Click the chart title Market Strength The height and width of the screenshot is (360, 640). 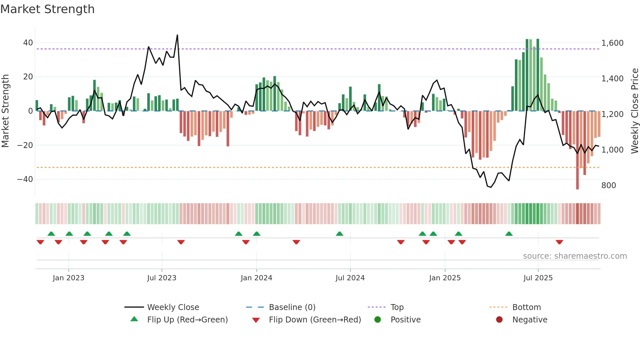pyautogui.click(x=47, y=9)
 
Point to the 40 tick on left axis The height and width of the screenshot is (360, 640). pyautogui.click(x=28, y=43)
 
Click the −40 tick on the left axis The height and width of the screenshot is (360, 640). pyautogui.click(x=25, y=179)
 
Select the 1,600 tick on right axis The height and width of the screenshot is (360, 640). pyautogui.click(x=612, y=43)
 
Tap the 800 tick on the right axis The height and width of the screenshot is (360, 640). pyautogui.click(x=609, y=186)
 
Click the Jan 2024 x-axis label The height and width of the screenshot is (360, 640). pyautogui.click(x=256, y=278)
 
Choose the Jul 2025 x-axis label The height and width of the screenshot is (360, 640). pyautogui.click(x=538, y=278)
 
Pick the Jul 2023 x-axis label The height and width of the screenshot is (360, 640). pyautogui.click(x=162, y=278)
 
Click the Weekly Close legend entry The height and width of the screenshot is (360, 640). pyautogui.click(x=173, y=307)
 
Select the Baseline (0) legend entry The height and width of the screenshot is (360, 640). pyautogui.click(x=292, y=307)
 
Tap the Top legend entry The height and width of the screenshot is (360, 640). pyautogui.click(x=397, y=307)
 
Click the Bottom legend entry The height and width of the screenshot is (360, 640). pyautogui.click(x=526, y=307)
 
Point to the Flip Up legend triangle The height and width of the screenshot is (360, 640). pyautogui.click(x=134, y=319)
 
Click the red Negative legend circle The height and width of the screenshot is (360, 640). pyautogui.click(x=499, y=319)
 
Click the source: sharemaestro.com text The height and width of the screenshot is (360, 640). pyautogui.click(x=575, y=256)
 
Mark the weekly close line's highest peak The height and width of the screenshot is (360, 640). pyautogui.click(x=177, y=35)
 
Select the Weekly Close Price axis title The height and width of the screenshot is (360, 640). pyautogui.click(x=634, y=111)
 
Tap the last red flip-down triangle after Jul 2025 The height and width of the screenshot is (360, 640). pyautogui.click(x=559, y=242)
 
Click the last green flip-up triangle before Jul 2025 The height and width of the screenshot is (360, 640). pyautogui.click(x=509, y=234)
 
